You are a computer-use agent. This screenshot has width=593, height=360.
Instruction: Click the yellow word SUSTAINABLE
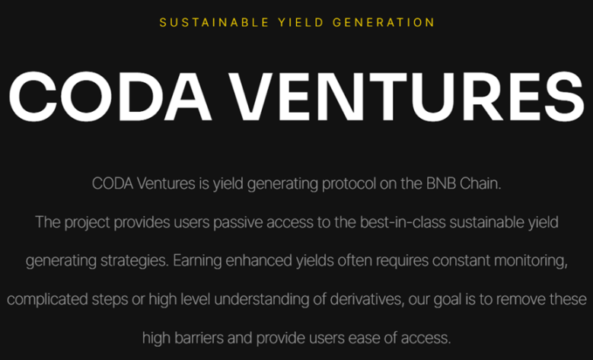[x=214, y=23]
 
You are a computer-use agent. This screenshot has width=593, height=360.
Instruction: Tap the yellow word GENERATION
[x=384, y=23]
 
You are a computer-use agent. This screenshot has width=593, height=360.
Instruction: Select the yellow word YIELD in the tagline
[x=301, y=23]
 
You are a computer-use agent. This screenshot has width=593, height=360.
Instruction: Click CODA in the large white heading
[x=110, y=97]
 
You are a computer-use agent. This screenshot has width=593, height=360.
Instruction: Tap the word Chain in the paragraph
[x=480, y=183]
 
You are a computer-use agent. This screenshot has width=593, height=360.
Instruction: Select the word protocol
[x=349, y=184]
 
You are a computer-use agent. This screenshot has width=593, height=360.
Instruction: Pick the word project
[x=87, y=223]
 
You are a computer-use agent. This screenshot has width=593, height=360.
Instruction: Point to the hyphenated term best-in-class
[x=403, y=222]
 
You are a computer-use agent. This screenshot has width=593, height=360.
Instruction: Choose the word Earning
[x=197, y=261]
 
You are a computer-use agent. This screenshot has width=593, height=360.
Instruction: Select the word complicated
[x=47, y=300]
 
